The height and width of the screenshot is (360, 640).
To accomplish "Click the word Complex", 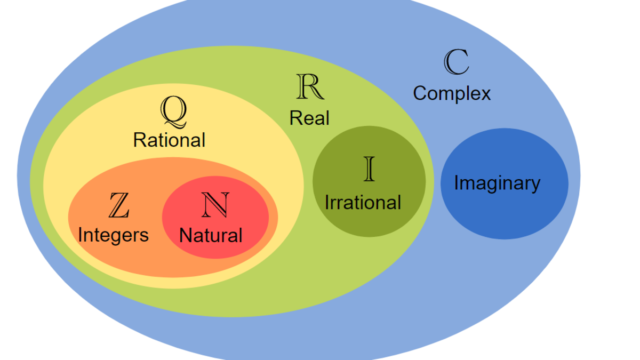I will click(x=452, y=93).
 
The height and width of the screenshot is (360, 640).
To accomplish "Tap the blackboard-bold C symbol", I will click(x=457, y=62).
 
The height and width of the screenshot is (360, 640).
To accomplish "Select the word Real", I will click(x=309, y=118).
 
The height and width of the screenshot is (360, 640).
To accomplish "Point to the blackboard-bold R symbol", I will click(x=310, y=87).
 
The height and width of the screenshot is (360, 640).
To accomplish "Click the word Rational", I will click(x=169, y=140).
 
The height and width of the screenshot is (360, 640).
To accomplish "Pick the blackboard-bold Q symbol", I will click(x=174, y=111).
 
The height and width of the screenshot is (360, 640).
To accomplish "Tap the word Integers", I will click(x=113, y=235).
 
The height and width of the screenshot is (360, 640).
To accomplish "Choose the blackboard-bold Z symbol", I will click(x=118, y=205).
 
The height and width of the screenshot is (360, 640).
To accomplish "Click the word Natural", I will click(x=211, y=235).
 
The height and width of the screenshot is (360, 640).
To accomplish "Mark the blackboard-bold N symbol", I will click(x=215, y=205).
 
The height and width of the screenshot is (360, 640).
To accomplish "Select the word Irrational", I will click(x=363, y=203).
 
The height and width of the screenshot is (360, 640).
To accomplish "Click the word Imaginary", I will click(x=497, y=183).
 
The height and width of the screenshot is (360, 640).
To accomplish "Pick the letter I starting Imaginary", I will click(x=457, y=183).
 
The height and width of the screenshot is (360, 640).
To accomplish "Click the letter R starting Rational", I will click(x=139, y=140).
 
